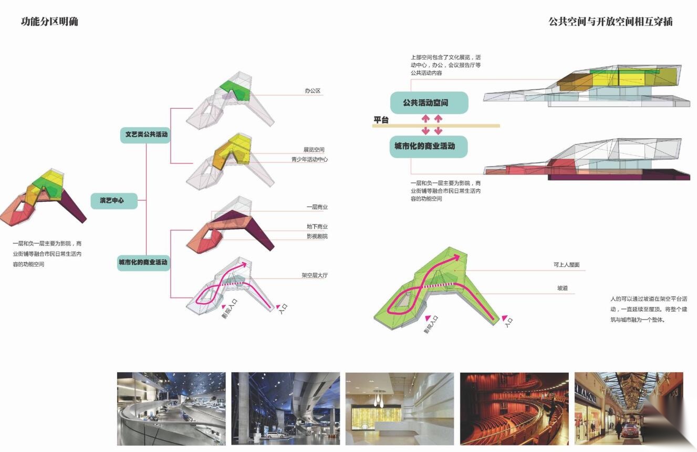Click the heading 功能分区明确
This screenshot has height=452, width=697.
click(x=49, y=22)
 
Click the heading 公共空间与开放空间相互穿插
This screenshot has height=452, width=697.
click(x=610, y=22)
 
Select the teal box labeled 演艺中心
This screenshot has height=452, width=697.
click(x=114, y=201)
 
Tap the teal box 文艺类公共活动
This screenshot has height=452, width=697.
click(x=145, y=135)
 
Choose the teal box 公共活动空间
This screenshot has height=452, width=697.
click(x=429, y=102)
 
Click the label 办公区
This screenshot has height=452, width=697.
click(x=313, y=91)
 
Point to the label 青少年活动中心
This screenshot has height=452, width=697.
click(x=309, y=159)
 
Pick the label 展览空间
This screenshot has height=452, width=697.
click(x=314, y=150)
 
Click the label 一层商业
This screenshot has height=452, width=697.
click(x=317, y=207)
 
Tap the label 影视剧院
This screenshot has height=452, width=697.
click(x=317, y=237)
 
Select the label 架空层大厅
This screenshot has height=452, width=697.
click(x=315, y=275)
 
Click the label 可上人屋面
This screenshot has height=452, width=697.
click(x=566, y=265)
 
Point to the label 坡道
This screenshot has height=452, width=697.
click(x=562, y=288)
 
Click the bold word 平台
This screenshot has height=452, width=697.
click(x=381, y=120)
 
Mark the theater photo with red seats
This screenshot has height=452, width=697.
click(x=514, y=408)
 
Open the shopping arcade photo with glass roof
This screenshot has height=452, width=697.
click(x=629, y=408)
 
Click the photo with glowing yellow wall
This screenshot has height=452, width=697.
click(x=400, y=408)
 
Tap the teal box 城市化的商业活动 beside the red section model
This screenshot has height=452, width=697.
click(x=429, y=147)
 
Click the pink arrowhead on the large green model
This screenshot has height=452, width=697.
click(x=456, y=258)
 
